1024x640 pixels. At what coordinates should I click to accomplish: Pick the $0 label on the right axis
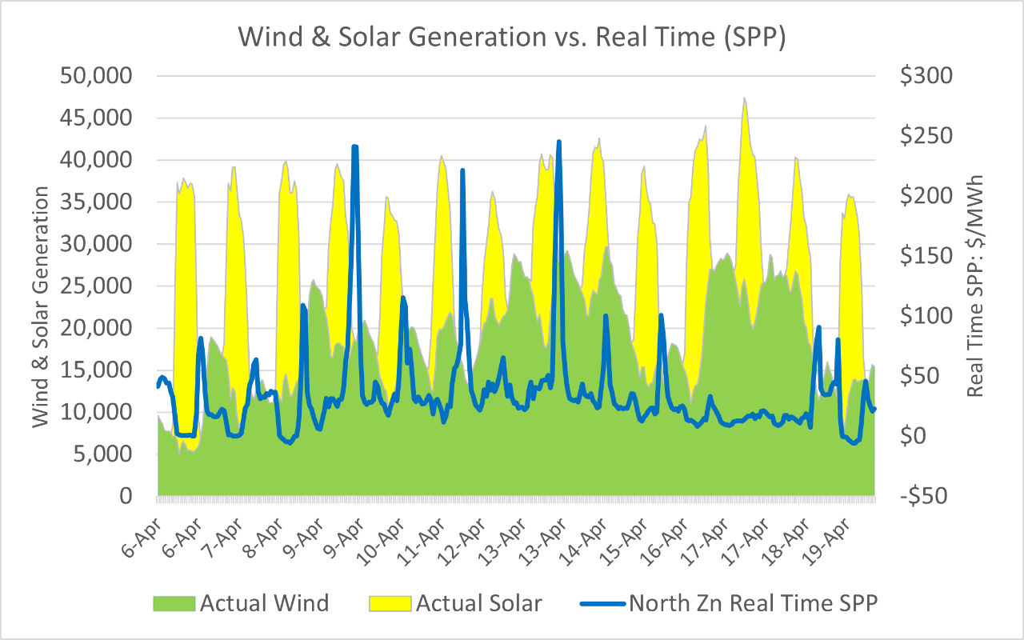click(917, 436)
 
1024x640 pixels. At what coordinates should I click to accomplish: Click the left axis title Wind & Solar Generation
click(42, 307)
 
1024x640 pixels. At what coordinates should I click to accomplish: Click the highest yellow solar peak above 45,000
click(744, 99)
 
